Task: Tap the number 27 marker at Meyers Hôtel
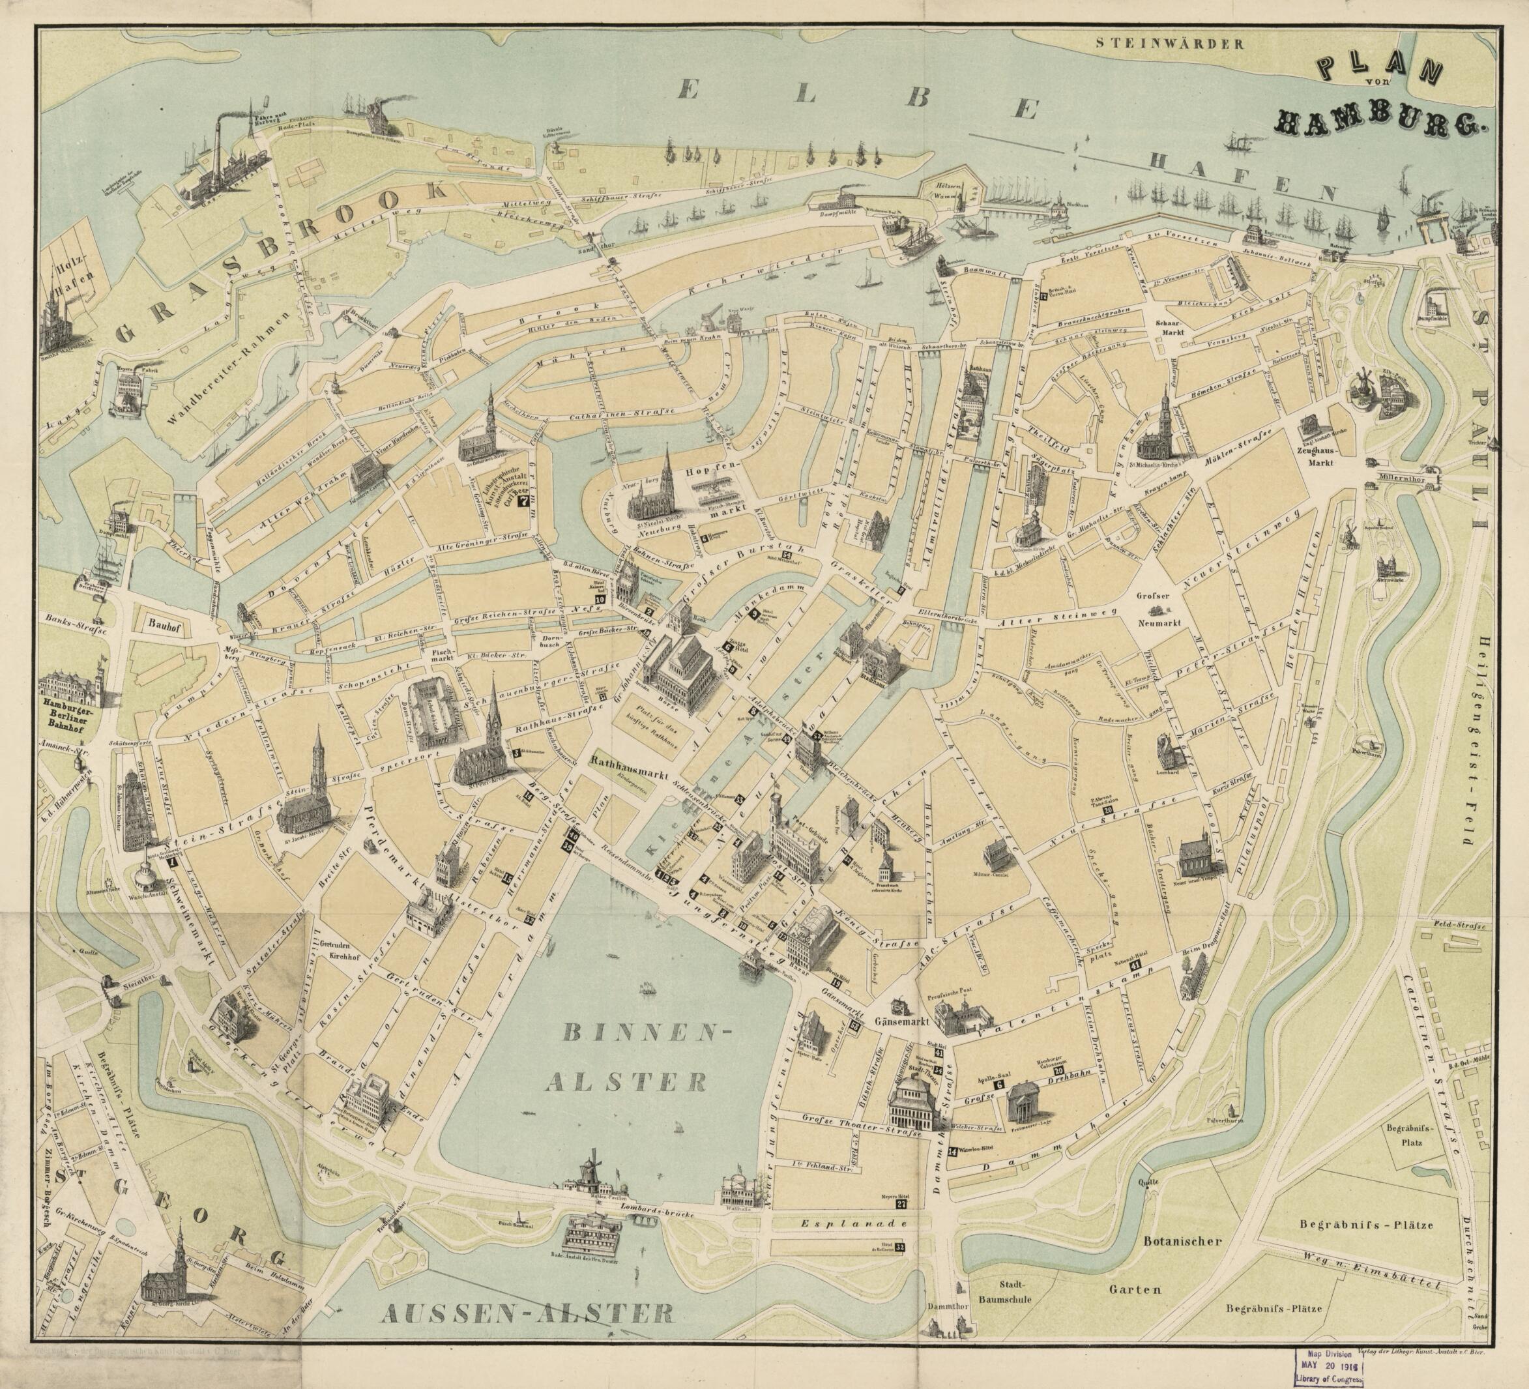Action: (901, 1204)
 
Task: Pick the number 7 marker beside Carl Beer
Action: (522, 501)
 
